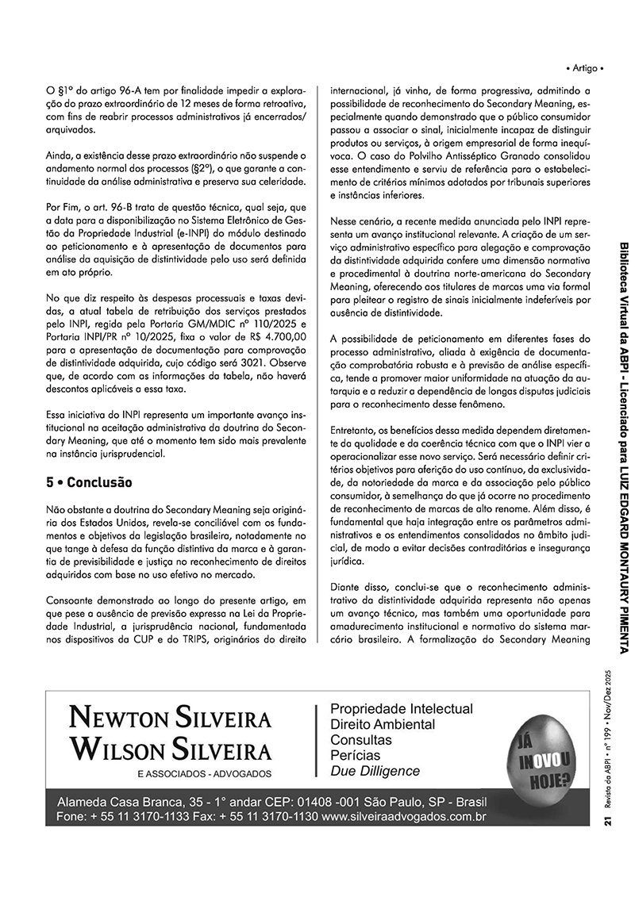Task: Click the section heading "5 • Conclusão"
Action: point(89,482)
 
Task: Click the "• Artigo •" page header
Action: point(586,69)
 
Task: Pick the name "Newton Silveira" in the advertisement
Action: point(171,718)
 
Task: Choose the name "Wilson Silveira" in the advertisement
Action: point(171,748)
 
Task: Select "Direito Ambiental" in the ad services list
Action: point(383,724)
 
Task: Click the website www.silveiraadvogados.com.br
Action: point(404,816)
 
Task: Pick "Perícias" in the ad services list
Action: point(355,755)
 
